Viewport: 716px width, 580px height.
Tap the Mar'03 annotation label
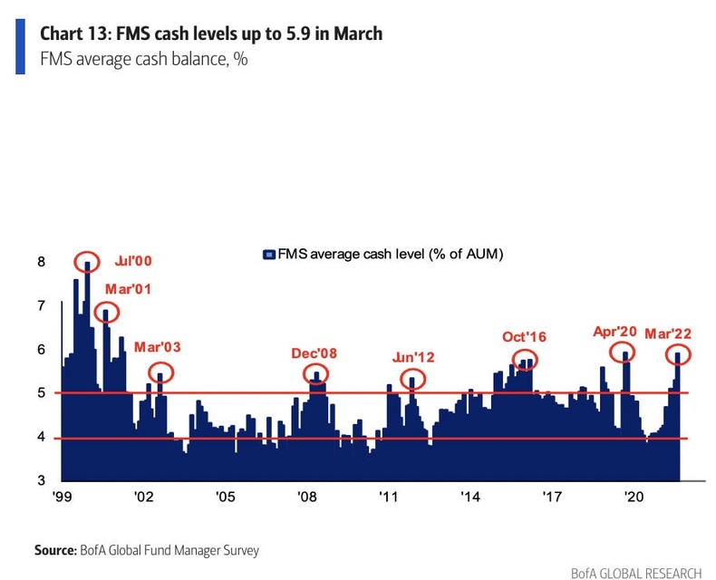[158, 347]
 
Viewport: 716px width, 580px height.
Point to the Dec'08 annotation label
[314, 353]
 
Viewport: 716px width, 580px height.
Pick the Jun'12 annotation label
[413, 356]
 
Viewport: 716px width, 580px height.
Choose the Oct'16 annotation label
[525, 337]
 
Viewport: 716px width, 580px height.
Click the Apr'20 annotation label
[615, 332]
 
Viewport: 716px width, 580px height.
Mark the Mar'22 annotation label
[668, 333]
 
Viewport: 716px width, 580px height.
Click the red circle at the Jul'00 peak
[87, 262]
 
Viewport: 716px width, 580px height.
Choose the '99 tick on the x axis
[63, 498]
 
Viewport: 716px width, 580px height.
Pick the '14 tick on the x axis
[470, 498]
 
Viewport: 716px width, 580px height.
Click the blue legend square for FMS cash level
[268, 255]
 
